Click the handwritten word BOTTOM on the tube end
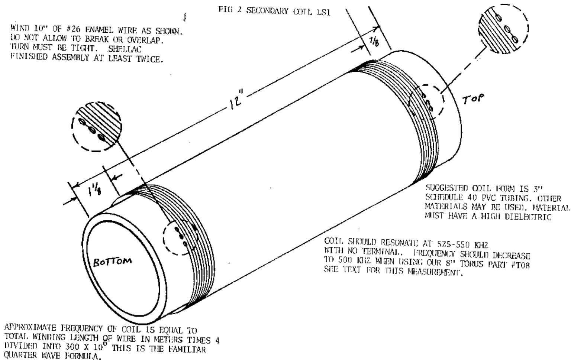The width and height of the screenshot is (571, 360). pos(112,262)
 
